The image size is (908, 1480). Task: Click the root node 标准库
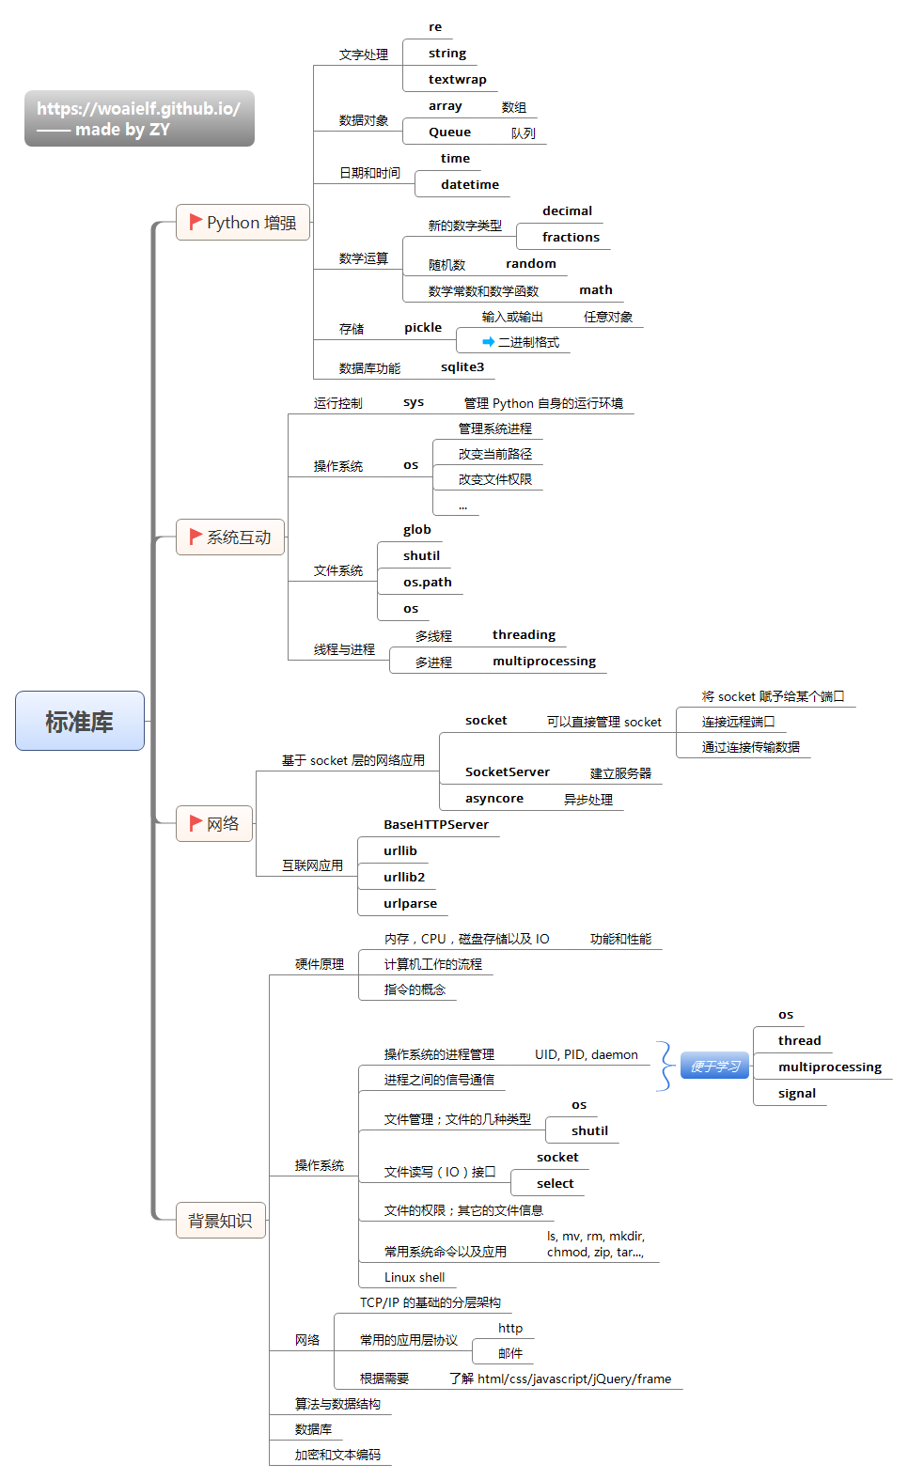coord(80,721)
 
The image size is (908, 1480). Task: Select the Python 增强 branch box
coord(243,223)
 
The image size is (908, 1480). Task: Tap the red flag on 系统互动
coord(196,536)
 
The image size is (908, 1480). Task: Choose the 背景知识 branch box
coord(220,1221)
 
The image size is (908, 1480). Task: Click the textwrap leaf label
coord(457,80)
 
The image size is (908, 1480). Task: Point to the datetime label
coord(469,185)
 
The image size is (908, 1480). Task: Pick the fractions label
coord(571,238)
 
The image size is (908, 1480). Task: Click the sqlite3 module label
coord(462,367)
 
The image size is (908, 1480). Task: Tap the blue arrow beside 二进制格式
coord(488,342)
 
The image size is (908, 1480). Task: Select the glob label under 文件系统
coord(416,530)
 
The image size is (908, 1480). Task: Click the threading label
coord(524,635)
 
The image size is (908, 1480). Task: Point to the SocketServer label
coord(507,772)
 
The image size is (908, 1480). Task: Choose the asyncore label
coord(493,799)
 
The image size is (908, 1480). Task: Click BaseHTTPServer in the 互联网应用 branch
coord(435,825)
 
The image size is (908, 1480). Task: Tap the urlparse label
coord(410,904)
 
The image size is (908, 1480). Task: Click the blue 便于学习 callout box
coord(715,1066)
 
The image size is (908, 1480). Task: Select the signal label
coord(796,1094)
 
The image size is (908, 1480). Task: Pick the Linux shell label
coord(414,1278)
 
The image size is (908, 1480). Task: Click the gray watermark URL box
coord(139,118)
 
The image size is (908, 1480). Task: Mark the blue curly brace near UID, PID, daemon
coord(665,1066)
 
